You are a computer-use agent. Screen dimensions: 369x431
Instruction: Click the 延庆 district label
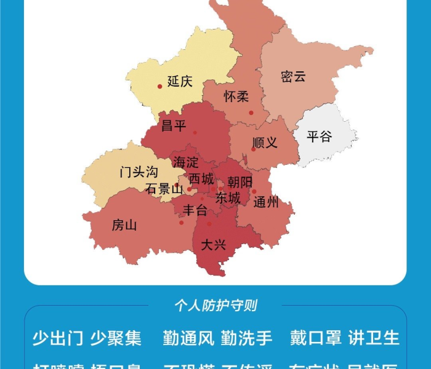pyautogui.click(x=180, y=81)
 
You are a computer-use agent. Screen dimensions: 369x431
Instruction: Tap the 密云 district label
pyautogui.click(x=293, y=77)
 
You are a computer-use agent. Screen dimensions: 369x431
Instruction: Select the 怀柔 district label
pyautogui.click(x=236, y=97)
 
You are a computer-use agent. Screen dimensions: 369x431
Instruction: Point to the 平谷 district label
pyautogui.click(x=319, y=137)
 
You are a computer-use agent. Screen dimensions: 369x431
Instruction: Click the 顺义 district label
pyautogui.click(x=265, y=143)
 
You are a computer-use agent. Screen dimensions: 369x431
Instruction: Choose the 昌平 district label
pyautogui.click(x=173, y=126)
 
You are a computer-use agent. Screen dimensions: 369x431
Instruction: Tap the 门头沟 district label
pyautogui.click(x=139, y=172)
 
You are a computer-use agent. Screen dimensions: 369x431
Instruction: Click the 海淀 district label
pyautogui.click(x=185, y=163)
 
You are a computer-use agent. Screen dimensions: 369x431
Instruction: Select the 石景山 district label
pyautogui.click(x=164, y=189)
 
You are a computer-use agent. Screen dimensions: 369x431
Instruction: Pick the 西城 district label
pyautogui.click(x=201, y=179)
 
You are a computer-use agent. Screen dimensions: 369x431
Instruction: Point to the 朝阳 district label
pyautogui.click(x=240, y=182)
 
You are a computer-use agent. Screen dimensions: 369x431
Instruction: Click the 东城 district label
pyautogui.click(x=228, y=198)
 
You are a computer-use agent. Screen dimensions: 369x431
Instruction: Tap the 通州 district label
pyautogui.click(x=266, y=202)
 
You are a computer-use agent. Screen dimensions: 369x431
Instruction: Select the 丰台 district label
pyautogui.click(x=195, y=210)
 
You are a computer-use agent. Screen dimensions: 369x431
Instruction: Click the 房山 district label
pyautogui.click(x=124, y=225)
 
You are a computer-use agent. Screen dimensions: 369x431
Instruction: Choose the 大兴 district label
pyautogui.click(x=214, y=245)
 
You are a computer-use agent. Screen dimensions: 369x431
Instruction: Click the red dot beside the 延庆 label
pyautogui.click(x=159, y=86)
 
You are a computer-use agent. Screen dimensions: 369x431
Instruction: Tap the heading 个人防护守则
pyautogui.click(x=216, y=305)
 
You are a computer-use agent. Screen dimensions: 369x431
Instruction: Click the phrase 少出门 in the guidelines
pyautogui.click(x=57, y=338)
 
